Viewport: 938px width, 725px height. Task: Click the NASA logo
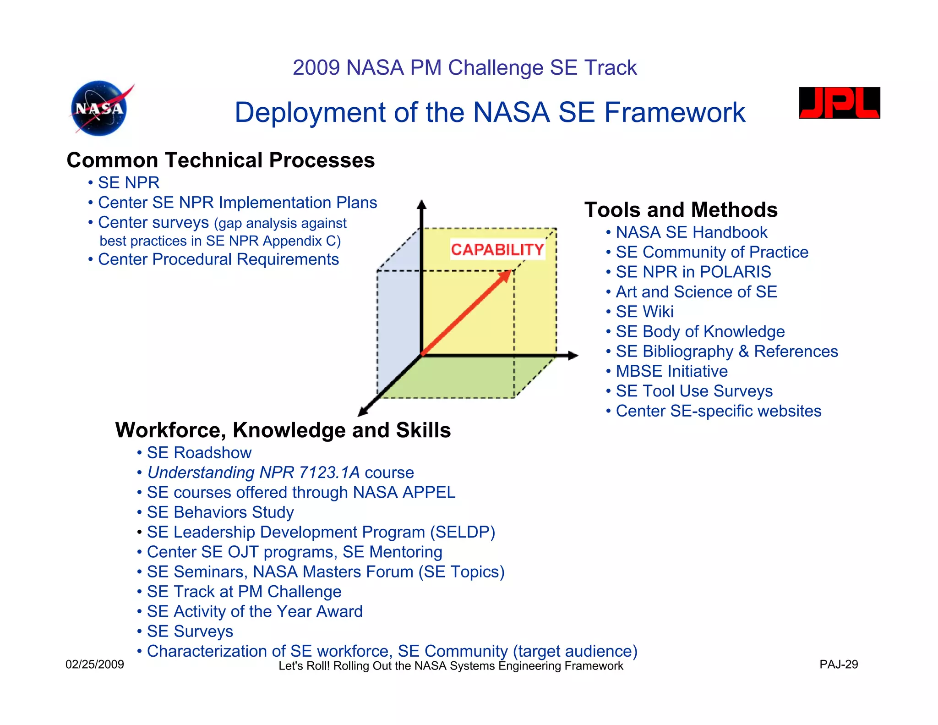(100, 109)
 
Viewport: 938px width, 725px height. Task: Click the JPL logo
(839, 103)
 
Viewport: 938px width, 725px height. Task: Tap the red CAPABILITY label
(497, 249)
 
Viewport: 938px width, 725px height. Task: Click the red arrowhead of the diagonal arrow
(506, 275)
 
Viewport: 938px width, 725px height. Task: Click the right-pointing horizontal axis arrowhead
(573, 355)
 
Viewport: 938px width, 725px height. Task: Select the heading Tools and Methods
(681, 210)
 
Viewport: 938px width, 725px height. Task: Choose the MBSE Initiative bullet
(671, 371)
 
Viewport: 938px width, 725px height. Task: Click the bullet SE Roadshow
(199, 453)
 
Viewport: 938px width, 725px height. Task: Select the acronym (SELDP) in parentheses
(462, 532)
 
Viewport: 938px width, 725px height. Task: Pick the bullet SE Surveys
(190, 632)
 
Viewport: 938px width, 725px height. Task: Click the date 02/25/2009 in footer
(95, 665)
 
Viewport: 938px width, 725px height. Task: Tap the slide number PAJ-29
(838, 665)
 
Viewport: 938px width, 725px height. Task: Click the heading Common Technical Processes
(220, 160)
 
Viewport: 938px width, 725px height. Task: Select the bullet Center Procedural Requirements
(218, 259)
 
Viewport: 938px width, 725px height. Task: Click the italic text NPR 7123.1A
(310, 472)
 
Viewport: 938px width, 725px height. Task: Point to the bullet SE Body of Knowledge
(700, 331)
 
